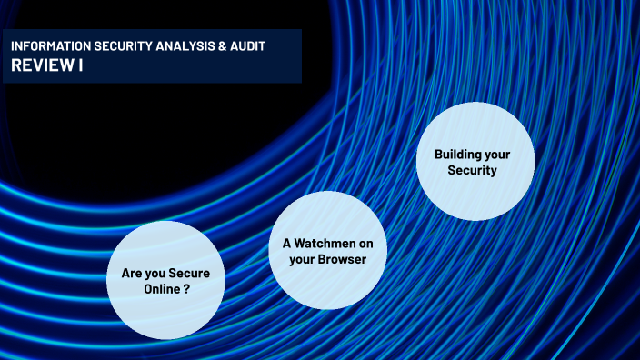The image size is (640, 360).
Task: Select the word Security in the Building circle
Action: click(x=475, y=170)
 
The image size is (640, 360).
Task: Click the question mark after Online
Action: click(x=186, y=288)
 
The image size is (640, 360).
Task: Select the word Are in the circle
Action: click(x=132, y=273)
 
